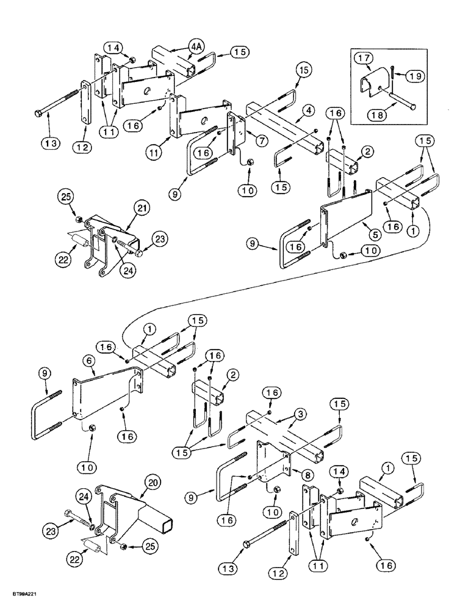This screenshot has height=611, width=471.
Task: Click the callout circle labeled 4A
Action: pos(195,46)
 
